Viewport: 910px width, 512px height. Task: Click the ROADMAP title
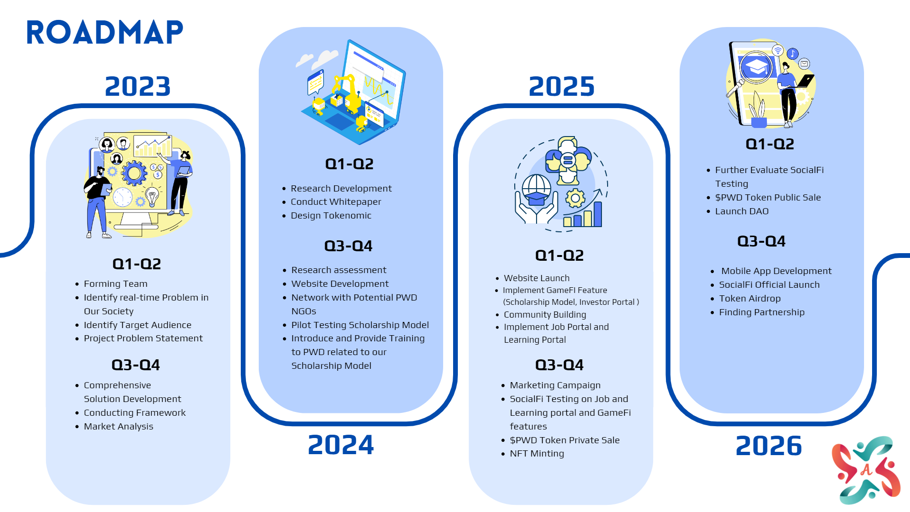coord(104,33)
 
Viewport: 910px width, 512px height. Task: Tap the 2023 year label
coord(137,86)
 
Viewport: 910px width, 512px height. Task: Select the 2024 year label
coord(341,445)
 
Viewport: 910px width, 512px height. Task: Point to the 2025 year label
coord(562,86)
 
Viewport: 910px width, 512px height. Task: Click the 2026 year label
coord(769,446)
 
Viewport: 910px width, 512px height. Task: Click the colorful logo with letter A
coord(866,470)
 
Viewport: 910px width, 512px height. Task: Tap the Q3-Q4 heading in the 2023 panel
coord(136,365)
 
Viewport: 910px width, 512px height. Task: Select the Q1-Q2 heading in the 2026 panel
coord(770,144)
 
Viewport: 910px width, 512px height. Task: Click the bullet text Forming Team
coord(116,283)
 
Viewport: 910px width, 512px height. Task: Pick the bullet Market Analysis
coord(118,426)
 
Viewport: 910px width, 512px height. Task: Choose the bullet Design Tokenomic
coord(331,215)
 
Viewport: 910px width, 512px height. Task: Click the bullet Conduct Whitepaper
coord(336,201)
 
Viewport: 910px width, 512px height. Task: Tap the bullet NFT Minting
coord(537,453)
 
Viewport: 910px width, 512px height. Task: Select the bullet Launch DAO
coord(742,211)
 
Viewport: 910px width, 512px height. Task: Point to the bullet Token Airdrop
coord(750,298)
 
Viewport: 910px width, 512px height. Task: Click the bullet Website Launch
coord(537,278)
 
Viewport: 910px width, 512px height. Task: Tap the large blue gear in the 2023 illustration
coord(134,174)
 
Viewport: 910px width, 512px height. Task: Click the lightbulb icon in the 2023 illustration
coord(152,196)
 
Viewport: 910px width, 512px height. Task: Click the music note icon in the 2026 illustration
coord(792,54)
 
